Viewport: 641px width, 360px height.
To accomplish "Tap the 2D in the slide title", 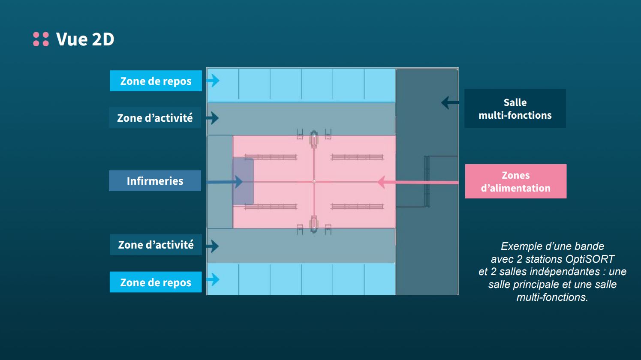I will point(103,39).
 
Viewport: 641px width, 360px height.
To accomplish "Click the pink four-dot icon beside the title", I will point(41,39).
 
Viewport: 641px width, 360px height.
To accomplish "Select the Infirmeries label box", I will point(155,181).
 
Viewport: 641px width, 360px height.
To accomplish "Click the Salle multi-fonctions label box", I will point(515,108).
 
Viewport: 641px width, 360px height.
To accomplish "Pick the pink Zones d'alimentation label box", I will point(515,181).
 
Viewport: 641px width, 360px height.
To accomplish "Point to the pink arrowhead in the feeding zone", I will point(381,182).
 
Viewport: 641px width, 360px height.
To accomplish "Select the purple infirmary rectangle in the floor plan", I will point(243,181).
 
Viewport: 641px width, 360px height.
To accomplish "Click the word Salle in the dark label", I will point(515,102).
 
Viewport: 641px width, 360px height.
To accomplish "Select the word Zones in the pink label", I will point(515,175).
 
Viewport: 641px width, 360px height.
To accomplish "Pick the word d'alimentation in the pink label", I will point(515,188).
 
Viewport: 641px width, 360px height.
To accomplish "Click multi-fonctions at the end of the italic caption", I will point(552,297).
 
